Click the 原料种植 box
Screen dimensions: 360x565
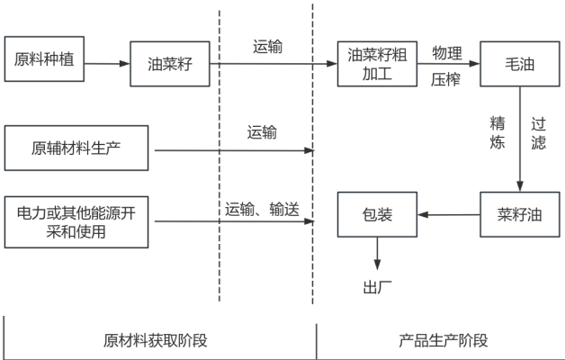click(x=44, y=62)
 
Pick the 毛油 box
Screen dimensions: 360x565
click(x=514, y=64)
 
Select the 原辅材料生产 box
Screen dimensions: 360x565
click(x=76, y=148)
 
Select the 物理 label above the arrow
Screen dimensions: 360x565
click(x=447, y=51)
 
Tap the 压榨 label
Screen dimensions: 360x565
click(x=446, y=79)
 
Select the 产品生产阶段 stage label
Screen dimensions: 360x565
click(x=443, y=341)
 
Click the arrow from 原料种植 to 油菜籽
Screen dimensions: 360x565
click(x=107, y=64)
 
